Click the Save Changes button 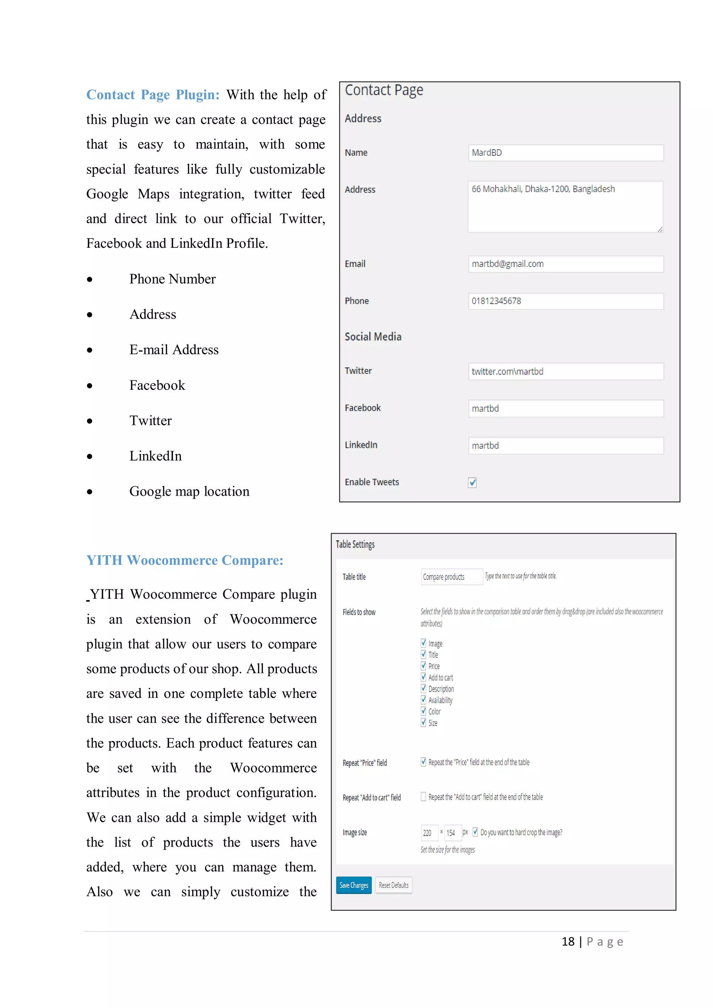[x=353, y=885]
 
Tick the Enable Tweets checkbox [x=472, y=482]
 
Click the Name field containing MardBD [x=565, y=153]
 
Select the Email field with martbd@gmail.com [x=565, y=264]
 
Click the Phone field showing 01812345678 [x=565, y=301]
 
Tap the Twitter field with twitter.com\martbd [x=565, y=371]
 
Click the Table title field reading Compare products [x=451, y=577]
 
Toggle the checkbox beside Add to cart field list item [x=423, y=677]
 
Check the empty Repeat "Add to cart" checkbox [x=423, y=796]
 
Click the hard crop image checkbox [x=475, y=832]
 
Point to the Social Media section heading [x=373, y=337]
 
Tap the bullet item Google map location [x=189, y=491]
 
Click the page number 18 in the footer [x=568, y=942]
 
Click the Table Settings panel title [x=355, y=544]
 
